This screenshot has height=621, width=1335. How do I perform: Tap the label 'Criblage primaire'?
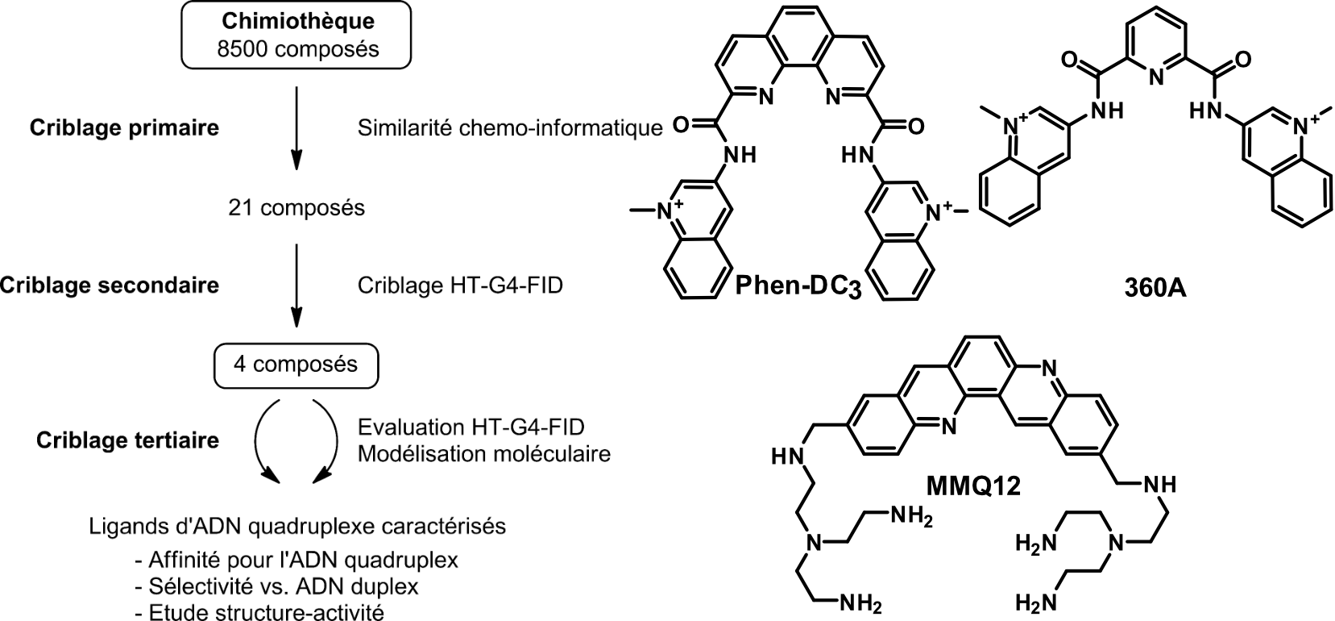tap(124, 128)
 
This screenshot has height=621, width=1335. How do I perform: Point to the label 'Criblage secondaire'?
tap(110, 285)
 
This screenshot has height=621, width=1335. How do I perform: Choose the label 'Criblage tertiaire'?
tap(127, 440)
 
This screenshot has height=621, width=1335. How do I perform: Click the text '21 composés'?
tap(296, 208)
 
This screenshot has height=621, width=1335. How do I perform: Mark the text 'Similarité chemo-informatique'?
tap(510, 127)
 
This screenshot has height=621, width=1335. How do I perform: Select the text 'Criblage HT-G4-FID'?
tap(460, 285)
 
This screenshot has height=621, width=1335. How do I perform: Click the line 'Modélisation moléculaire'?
tap(483, 453)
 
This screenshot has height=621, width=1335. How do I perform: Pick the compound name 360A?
tap(1155, 288)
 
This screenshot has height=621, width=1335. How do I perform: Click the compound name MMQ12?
tap(974, 486)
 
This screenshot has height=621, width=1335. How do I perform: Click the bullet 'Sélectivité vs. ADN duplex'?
tap(284, 586)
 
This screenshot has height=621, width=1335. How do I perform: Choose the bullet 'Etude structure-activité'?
tap(267, 611)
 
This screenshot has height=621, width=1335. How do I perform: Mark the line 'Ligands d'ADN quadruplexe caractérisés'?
tap(297, 527)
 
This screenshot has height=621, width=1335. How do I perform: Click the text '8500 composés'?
tap(297, 48)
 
